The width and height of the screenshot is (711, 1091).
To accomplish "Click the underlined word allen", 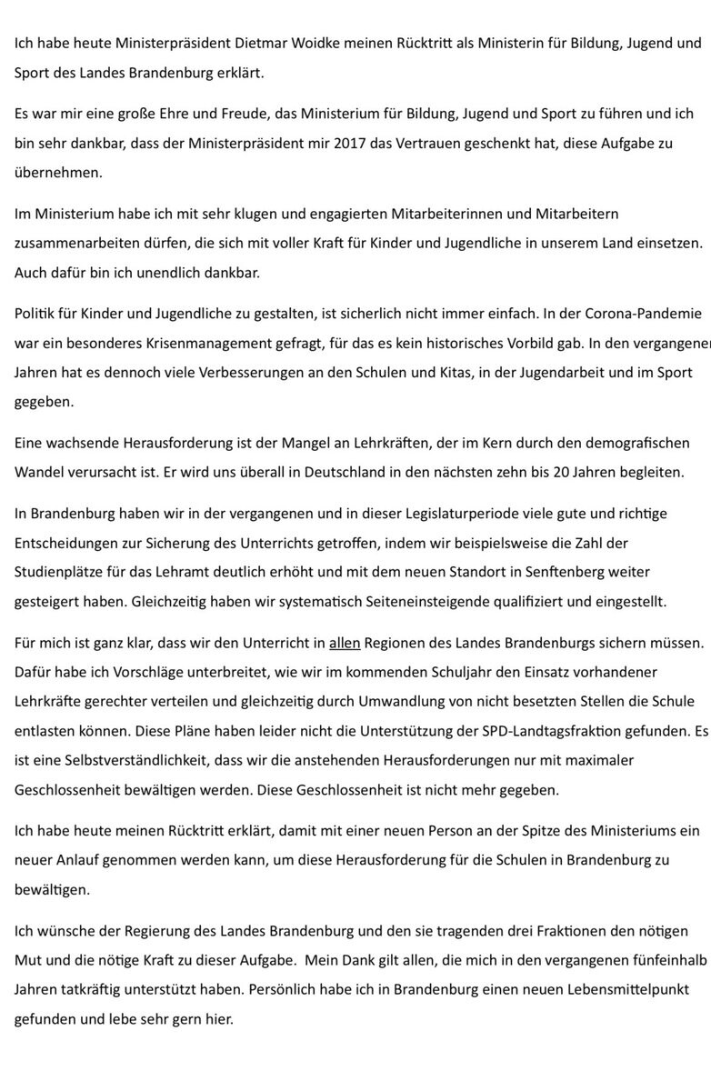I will [x=345, y=643].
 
